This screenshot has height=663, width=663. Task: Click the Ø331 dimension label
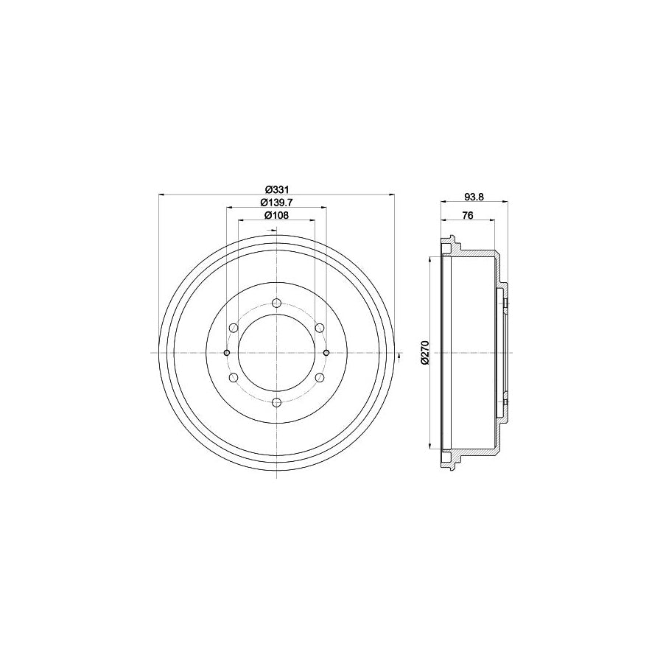coord(276,189)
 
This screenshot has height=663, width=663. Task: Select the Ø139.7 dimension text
coord(276,203)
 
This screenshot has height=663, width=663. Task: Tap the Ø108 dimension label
coord(276,216)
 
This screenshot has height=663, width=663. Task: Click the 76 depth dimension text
coord(467,216)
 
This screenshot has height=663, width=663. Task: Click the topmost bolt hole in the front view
coord(276,304)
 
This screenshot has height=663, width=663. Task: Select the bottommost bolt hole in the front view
coord(276,402)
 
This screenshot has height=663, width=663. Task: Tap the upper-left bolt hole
coord(234,328)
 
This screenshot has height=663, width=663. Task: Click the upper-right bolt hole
coord(320,328)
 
